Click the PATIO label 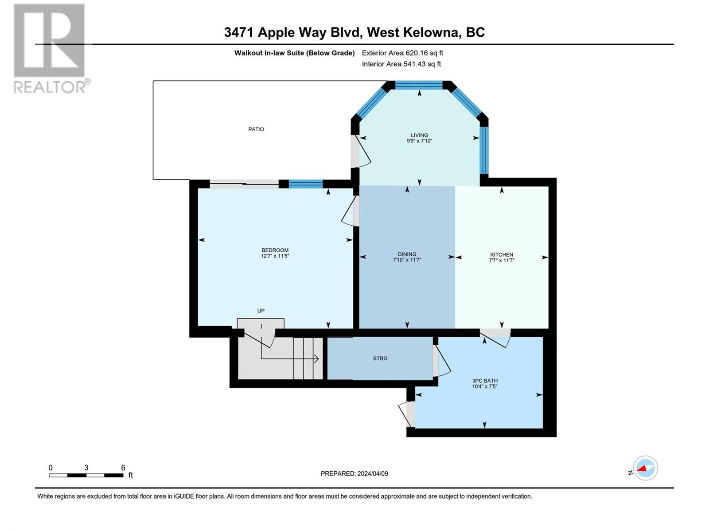pos(256,129)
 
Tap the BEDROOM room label pos(275,250)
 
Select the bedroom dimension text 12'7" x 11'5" pos(275,256)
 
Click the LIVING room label pos(419,135)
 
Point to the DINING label pos(407,254)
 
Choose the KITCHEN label pos(502,254)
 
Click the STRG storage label pos(380,358)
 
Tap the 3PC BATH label pos(485,381)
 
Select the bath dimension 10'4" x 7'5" pos(485,386)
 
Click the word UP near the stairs pos(261,311)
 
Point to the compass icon pos(645,468)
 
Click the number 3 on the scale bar pos(86,467)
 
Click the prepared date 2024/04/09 pos(372,473)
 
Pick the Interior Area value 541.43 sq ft pos(422,64)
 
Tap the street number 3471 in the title pos(239,33)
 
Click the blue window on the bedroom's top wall pos(306,184)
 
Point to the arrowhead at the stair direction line pos(316,358)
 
